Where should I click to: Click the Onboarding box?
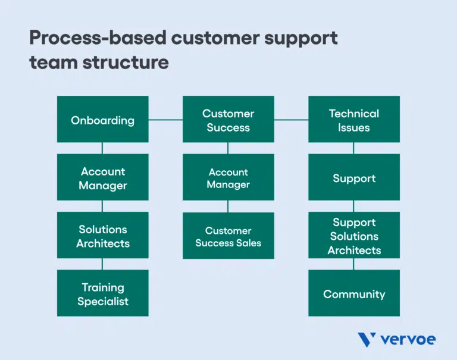(102, 120)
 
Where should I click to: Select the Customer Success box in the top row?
(228, 120)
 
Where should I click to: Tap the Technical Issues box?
(353, 120)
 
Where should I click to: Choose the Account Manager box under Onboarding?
(102, 177)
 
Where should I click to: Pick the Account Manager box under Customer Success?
(228, 177)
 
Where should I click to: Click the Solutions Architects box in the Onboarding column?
(102, 236)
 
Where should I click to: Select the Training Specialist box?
(102, 293)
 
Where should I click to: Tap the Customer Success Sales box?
(228, 236)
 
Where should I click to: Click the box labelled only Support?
(353, 177)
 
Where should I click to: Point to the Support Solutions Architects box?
(353, 236)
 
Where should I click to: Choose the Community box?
(353, 293)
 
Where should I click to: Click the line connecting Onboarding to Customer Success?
(165, 120)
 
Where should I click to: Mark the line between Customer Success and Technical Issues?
(291, 120)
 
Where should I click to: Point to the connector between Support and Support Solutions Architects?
(353, 206)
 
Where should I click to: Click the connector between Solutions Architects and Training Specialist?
(102, 264)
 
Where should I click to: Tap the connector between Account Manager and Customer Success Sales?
(228, 206)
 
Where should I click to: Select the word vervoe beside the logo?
(408, 340)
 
